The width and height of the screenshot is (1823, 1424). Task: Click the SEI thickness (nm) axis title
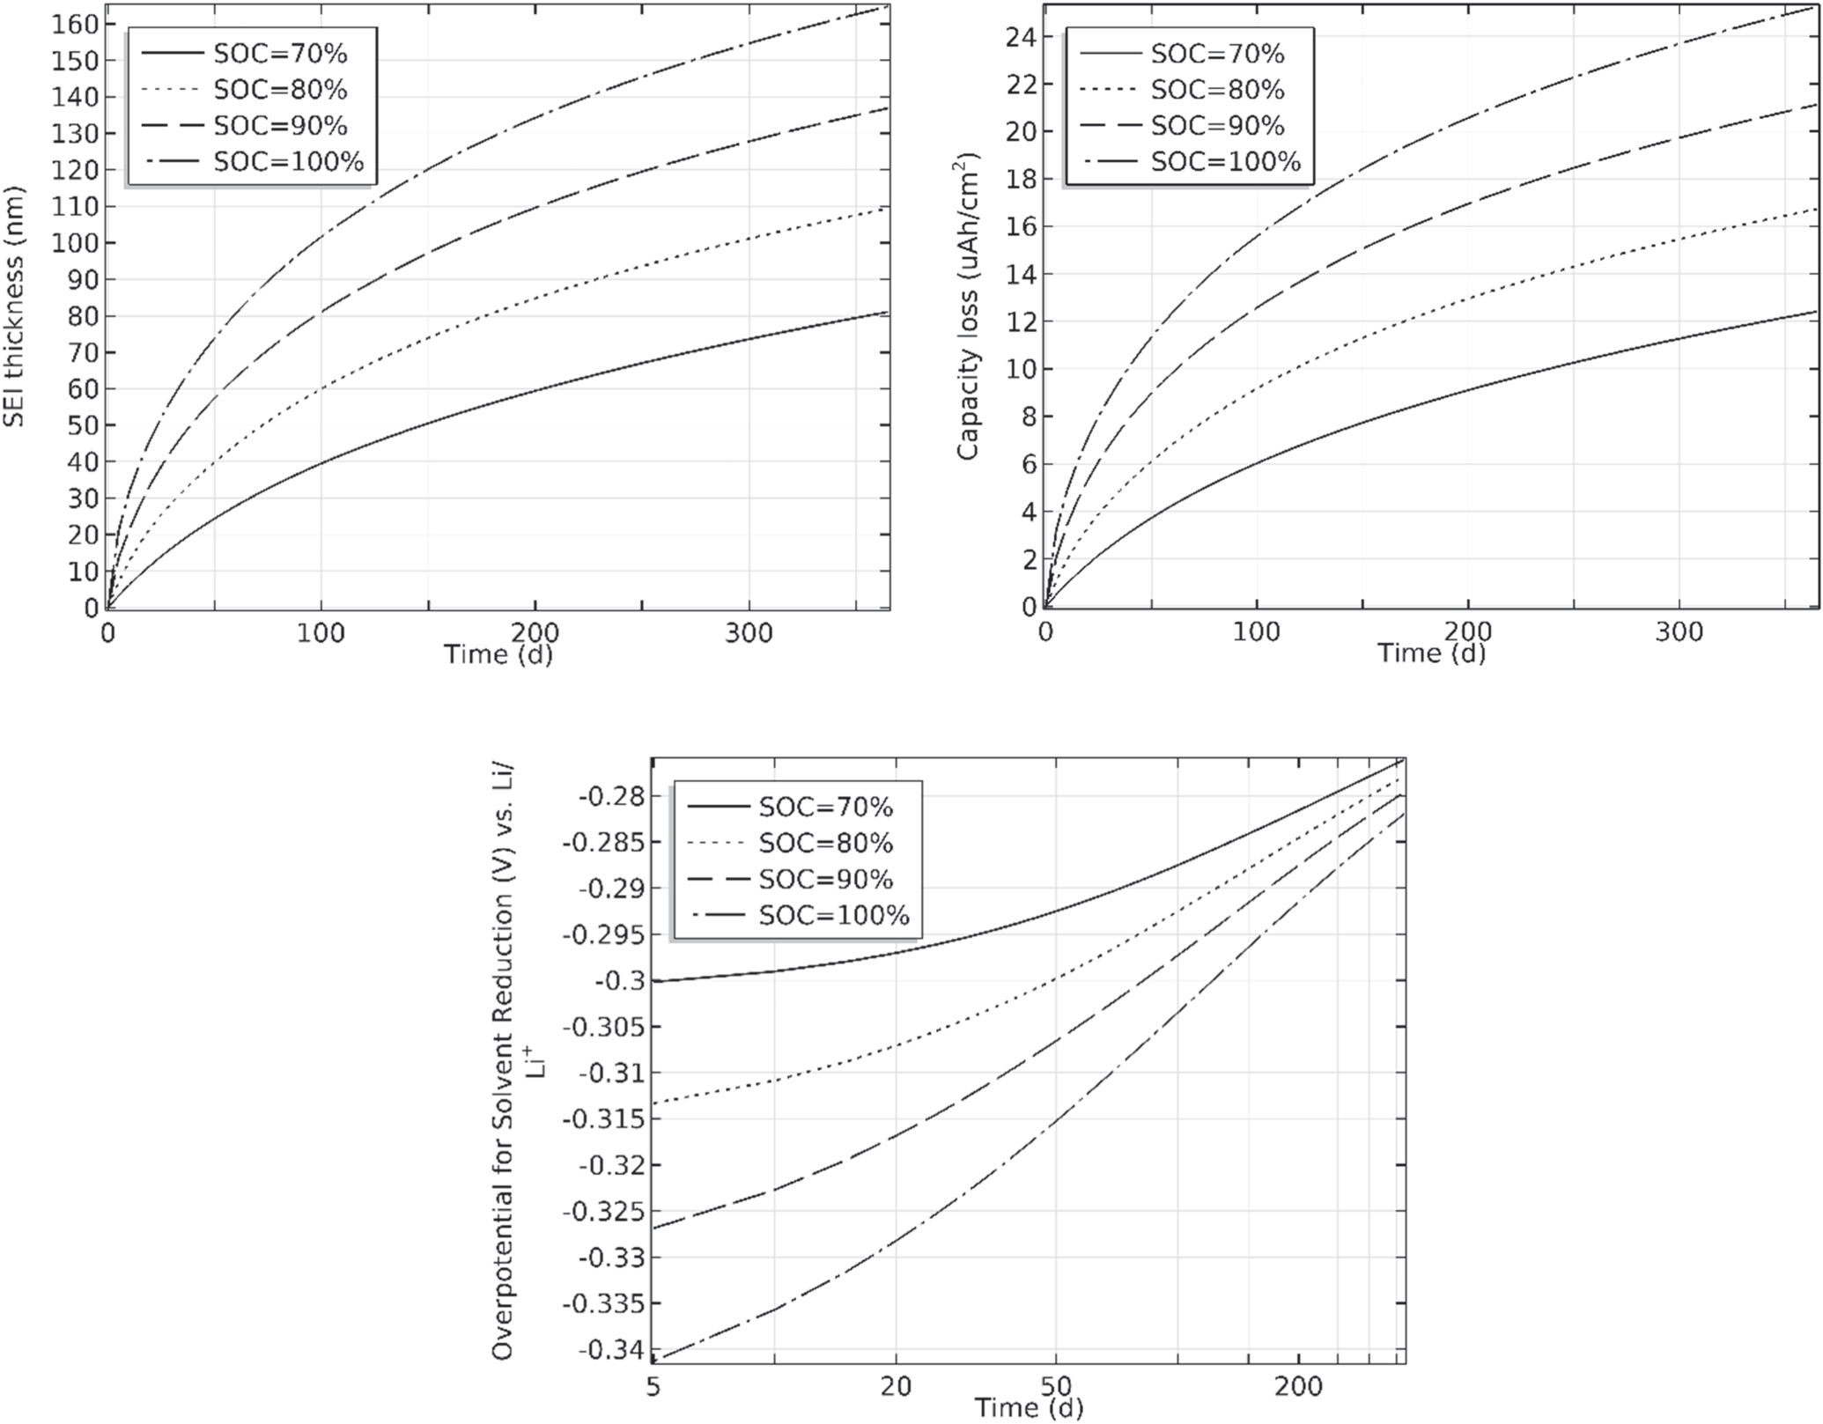(x=14, y=307)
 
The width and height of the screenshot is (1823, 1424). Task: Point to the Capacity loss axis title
(x=968, y=307)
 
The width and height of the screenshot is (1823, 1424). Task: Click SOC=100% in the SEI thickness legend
(x=288, y=162)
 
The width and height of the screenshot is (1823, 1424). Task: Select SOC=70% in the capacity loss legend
(x=1217, y=54)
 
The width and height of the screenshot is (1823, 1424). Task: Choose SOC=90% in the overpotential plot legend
(x=825, y=879)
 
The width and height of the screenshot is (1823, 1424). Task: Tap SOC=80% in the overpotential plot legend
(x=825, y=843)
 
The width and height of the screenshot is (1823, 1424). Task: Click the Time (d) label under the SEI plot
(x=498, y=654)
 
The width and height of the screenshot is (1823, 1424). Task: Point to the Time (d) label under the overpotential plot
(x=1028, y=1407)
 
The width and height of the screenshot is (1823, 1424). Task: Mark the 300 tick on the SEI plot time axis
(x=749, y=632)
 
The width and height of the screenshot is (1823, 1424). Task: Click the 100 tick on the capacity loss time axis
(x=1256, y=632)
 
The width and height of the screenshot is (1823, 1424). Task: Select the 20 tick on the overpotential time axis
(x=896, y=1386)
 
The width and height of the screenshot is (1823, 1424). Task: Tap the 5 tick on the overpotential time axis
(x=653, y=1386)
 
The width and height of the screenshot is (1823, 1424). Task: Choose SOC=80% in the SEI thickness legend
(x=280, y=90)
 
